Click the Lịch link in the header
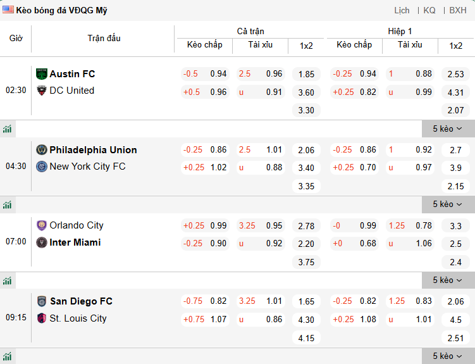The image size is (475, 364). [x=402, y=10]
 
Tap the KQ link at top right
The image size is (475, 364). [x=429, y=10]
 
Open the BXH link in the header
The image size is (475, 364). [x=458, y=10]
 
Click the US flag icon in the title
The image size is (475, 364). [x=8, y=10]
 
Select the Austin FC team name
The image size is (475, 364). [x=72, y=74]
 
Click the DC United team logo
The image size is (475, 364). [x=42, y=91]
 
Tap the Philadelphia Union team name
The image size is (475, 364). [x=93, y=150]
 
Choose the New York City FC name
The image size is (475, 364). [x=87, y=166]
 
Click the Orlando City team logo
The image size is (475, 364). [x=42, y=225]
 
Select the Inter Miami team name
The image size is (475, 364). [x=75, y=242]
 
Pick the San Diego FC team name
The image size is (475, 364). [x=81, y=301]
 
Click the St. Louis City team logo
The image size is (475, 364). [x=42, y=318]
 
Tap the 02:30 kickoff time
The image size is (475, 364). [x=16, y=90]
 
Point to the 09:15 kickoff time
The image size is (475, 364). [x=16, y=317]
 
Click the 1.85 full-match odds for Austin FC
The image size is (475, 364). [x=306, y=74]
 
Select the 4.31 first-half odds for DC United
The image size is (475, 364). [x=455, y=92]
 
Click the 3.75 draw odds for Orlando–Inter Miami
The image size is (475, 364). [x=306, y=262]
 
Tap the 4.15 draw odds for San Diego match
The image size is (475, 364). [x=306, y=338]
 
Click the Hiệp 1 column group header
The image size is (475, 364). [x=400, y=31]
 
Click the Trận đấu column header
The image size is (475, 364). [x=104, y=38]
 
